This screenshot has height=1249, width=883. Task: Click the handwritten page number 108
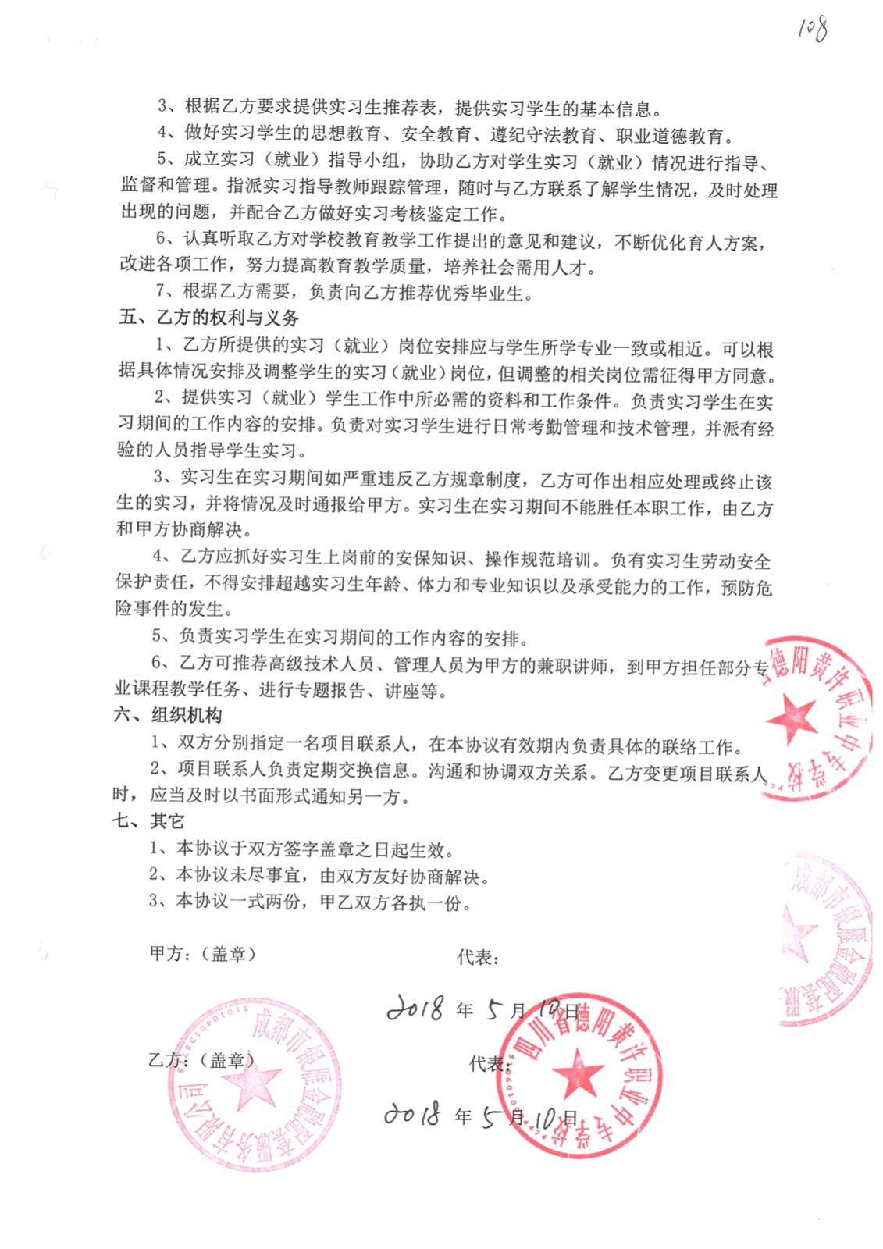click(x=812, y=29)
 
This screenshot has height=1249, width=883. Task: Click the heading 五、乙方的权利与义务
click(x=208, y=318)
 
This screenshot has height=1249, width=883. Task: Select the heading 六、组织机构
click(x=167, y=715)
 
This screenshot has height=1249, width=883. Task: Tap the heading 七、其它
click(x=148, y=821)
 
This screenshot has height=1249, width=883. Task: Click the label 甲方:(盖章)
click(x=202, y=954)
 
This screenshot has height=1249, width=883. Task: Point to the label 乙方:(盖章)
click(x=201, y=1060)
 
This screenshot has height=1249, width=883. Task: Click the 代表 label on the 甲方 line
click(x=477, y=957)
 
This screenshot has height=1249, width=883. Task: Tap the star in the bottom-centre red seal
click(x=578, y=1073)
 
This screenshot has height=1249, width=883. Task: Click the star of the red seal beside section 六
click(x=792, y=717)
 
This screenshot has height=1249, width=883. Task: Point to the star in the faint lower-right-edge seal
click(x=800, y=933)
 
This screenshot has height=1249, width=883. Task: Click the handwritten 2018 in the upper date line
click(x=416, y=1008)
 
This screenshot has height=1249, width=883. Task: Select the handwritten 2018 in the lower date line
click(x=411, y=1114)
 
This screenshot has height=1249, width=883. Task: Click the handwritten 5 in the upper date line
click(x=494, y=1010)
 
